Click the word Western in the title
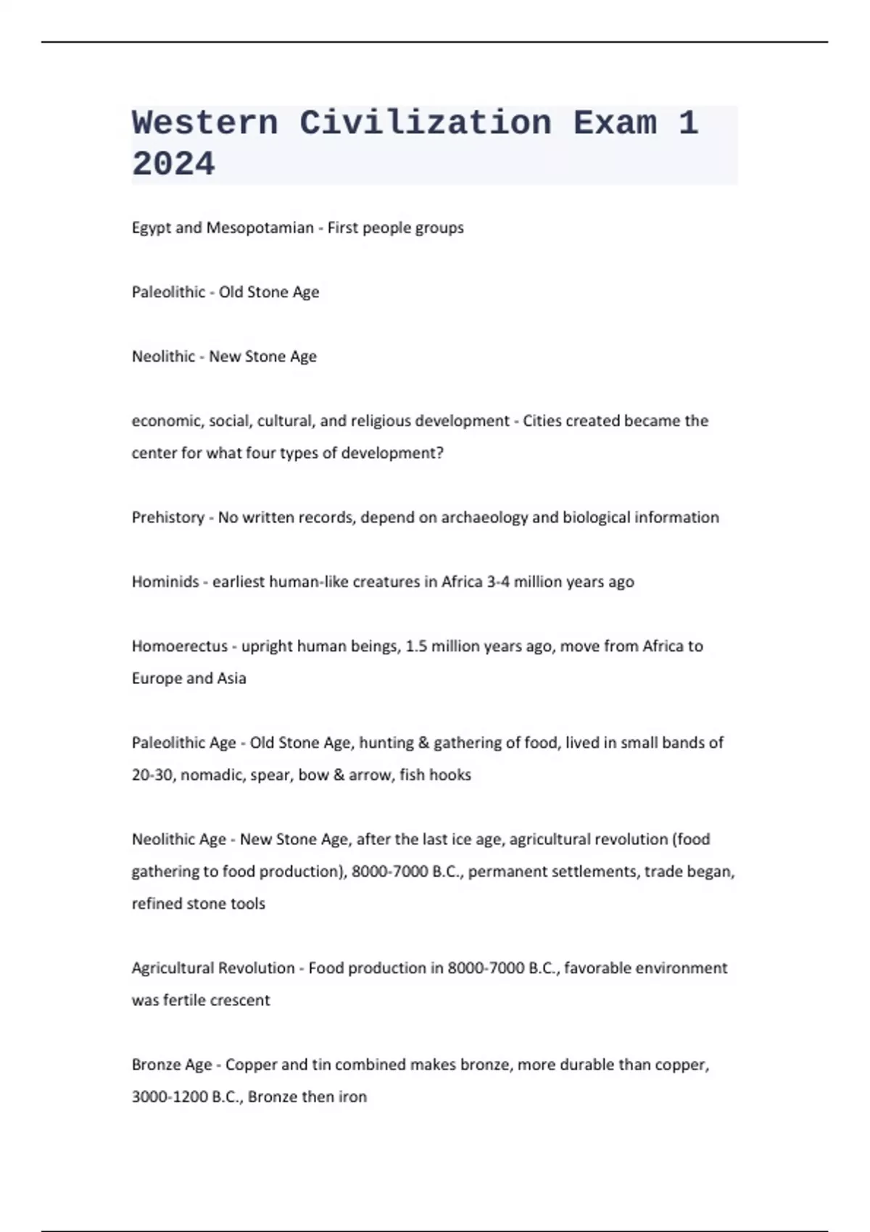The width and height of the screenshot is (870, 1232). pyautogui.click(x=205, y=123)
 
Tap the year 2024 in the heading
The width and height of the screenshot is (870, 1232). pyautogui.click(x=173, y=164)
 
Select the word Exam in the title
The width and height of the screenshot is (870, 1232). pyautogui.click(x=615, y=123)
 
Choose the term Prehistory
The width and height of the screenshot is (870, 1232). pyautogui.click(x=167, y=517)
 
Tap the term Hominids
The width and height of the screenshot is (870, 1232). pyautogui.click(x=165, y=582)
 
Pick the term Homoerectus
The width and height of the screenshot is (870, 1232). pyautogui.click(x=180, y=646)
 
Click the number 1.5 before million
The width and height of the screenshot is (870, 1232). pyautogui.click(x=416, y=646)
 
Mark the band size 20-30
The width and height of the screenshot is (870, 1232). pyautogui.click(x=152, y=775)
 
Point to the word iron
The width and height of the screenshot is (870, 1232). pyautogui.click(x=353, y=1097)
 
